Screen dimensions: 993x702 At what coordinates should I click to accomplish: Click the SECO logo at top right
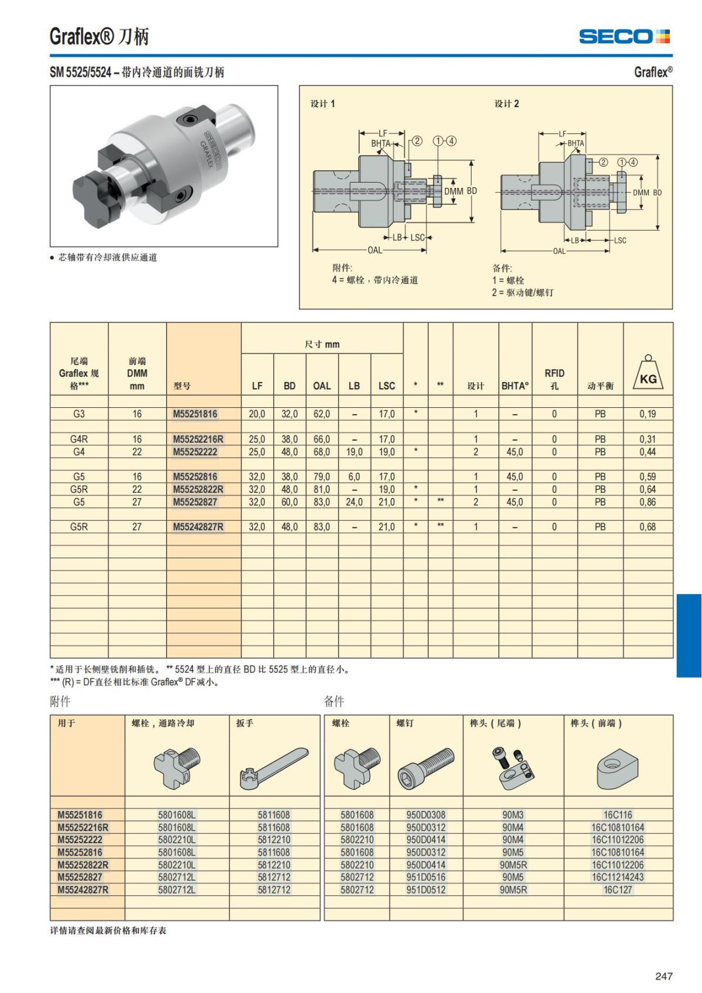pyautogui.click(x=624, y=36)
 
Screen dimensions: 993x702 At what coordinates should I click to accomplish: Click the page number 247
pyautogui.click(x=664, y=976)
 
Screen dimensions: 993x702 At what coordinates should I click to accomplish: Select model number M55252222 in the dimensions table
pyautogui.click(x=195, y=452)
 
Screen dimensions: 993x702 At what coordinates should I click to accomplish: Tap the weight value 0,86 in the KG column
pyautogui.click(x=648, y=502)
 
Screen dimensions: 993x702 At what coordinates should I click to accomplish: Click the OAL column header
pyautogui.click(x=322, y=386)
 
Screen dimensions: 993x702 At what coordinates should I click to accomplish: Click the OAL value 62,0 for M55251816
pyautogui.click(x=322, y=414)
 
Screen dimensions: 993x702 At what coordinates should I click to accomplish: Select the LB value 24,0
pyautogui.click(x=354, y=502)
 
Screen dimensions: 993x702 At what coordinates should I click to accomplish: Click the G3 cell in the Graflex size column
pyautogui.click(x=79, y=414)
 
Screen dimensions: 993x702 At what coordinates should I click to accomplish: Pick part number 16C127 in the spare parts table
pyautogui.click(x=618, y=889)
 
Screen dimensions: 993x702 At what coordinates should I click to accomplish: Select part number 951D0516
pyautogui.click(x=426, y=877)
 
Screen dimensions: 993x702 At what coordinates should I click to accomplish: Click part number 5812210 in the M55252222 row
pyautogui.click(x=274, y=840)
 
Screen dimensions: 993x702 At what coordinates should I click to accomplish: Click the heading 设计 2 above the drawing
pyautogui.click(x=507, y=104)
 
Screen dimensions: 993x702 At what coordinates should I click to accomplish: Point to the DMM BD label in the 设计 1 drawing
pyautogui.click(x=460, y=191)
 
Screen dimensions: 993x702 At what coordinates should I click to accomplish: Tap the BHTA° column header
pyautogui.click(x=515, y=386)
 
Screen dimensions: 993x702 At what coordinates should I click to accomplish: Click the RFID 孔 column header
pyautogui.click(x=554, y=379)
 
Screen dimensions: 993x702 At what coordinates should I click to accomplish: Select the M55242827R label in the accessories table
pyautogui.click(x=83, y=889)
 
